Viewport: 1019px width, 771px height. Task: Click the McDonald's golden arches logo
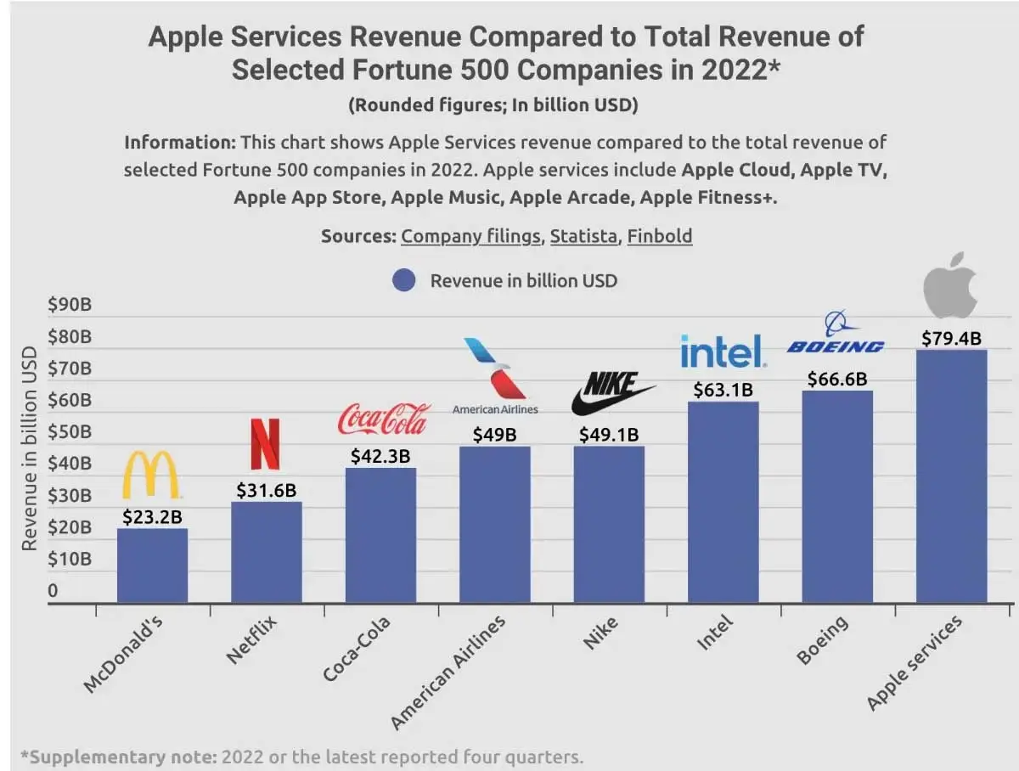pyautogui.click(x=152, y=476)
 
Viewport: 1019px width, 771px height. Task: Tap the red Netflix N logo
pyautogui.click(x=266, y=443)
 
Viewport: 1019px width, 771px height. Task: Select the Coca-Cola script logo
pyautogui.click(x=384, y=419)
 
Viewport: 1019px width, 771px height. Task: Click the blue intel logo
pyautogui.click(x=723, y=351)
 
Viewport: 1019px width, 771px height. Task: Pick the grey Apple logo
pyautogui.click(x=950, y=286)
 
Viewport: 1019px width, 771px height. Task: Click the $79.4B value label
pyautogui.click(x=951, y=338)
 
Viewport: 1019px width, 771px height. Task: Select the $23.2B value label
pyautogui.click(x=152, y=516)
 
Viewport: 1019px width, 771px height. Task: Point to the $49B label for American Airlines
pyautogui.click(x=494, y=435)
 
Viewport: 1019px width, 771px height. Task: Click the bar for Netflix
pyautogui.click(x=266, y=552)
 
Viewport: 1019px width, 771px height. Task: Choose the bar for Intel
pyautogui.click(x=723, y=501)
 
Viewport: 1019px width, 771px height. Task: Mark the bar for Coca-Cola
pyautogui.click(x=380, y=535)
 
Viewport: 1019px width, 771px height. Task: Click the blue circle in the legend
pyautogui.click(x=404, y=280)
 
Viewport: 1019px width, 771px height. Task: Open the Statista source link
pyautogui.click(x=583, y=235)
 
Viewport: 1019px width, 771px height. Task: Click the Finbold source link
pyautogui.click(x=659, y=235)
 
